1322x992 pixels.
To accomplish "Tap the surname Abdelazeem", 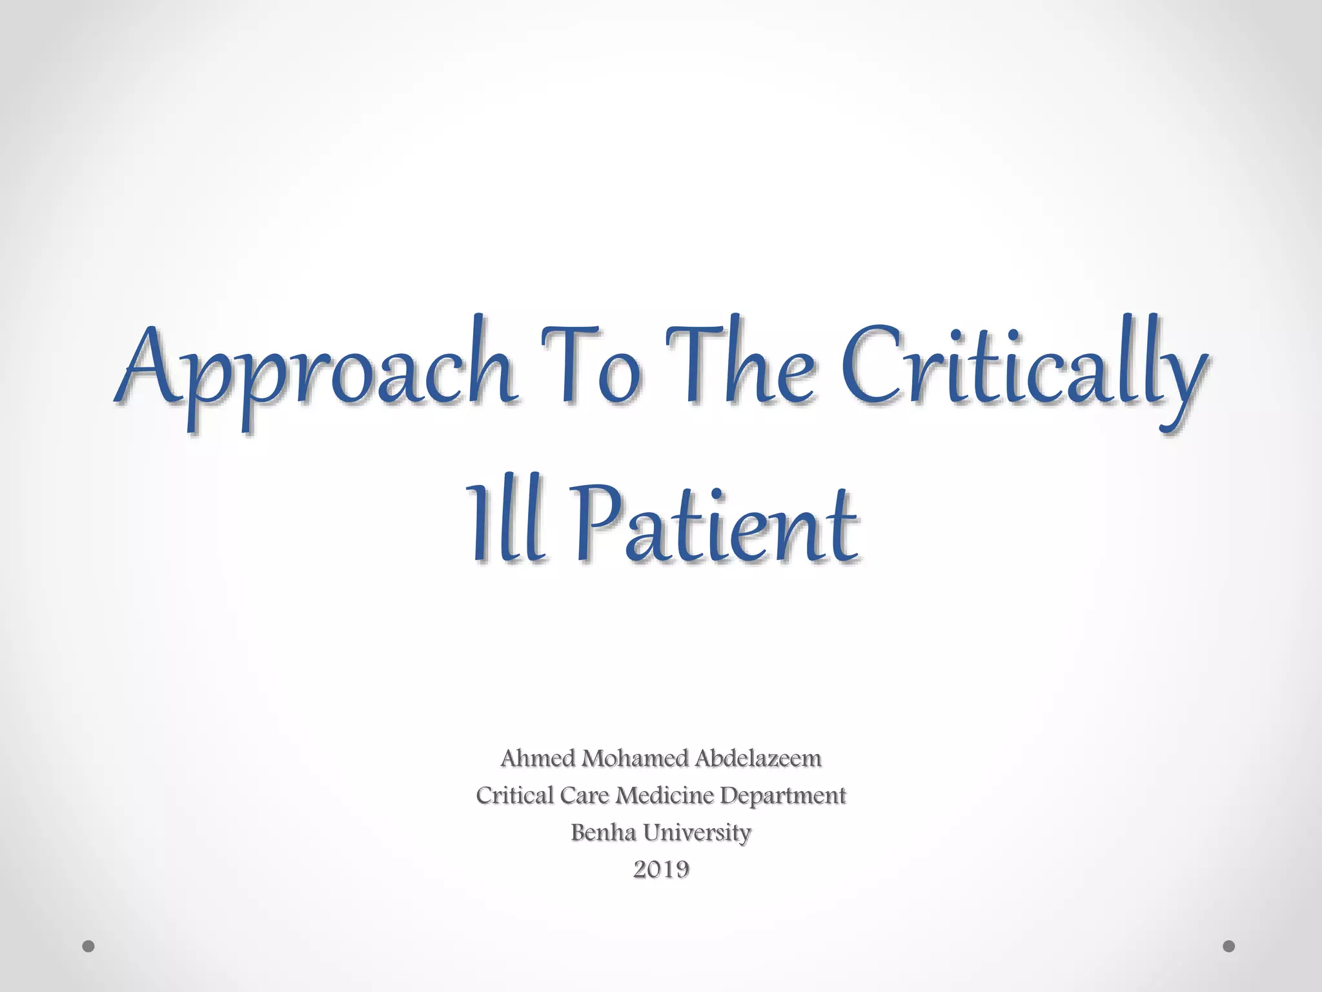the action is click(757, 758).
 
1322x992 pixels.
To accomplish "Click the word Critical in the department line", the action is click(514, 795).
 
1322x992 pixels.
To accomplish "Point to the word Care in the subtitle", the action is click(584, 795).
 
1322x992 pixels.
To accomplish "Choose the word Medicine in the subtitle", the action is click(664, 795).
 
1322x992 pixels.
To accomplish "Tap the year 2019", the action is click(660, 870).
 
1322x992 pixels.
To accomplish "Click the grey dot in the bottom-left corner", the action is click(89, 947).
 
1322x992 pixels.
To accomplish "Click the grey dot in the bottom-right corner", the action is click(1229, 947).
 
